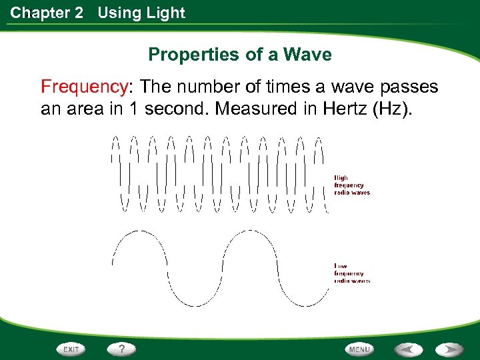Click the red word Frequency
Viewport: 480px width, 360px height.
pos(83,87)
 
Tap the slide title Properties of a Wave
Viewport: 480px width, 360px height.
pos(239,55)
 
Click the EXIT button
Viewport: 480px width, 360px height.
pos(71,349)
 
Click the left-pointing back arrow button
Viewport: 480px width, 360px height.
pos(407,349)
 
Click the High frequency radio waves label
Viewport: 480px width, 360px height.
pos(351,185)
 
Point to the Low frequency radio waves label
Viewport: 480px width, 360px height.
pos(351,273)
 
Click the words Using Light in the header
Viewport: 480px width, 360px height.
pos(141,13)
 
